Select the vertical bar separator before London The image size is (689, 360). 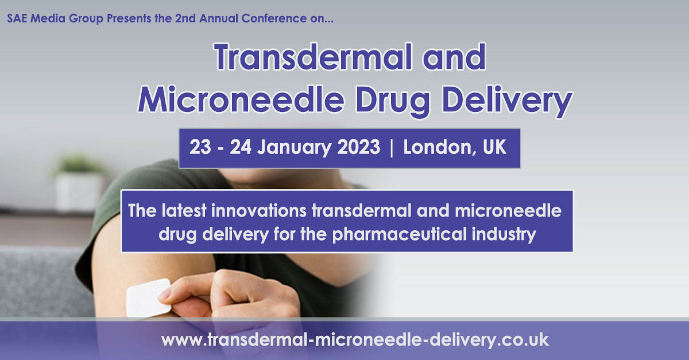(392, 148)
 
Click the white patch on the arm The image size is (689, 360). (146, 297)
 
